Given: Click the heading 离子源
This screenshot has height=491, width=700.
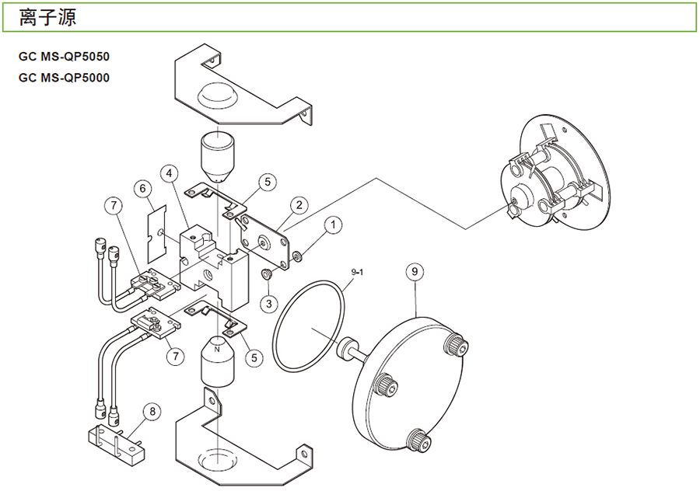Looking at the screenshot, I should click(x=47, y=16).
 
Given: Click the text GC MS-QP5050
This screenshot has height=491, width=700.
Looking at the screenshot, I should click(x=64, y=57).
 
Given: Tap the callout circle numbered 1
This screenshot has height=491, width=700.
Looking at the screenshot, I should click(x=333, y=226).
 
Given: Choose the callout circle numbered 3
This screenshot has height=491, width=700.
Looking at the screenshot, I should click(x=268, y=301).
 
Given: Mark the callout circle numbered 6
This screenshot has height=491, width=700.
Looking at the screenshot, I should click(x=142, y=189).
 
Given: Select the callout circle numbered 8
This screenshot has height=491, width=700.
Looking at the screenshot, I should click(x=152, y=411).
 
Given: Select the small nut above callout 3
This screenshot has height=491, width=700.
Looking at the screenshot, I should click(x=267, y=274).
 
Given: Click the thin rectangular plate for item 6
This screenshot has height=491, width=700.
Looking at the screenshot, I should click(x=160, y=230).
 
